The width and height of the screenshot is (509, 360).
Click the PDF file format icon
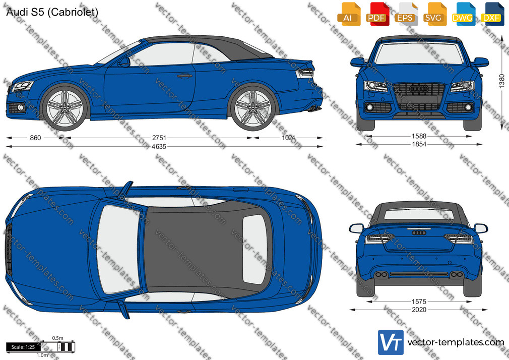(x=377, y=14)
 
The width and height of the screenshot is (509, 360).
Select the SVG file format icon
(x=434, y=14)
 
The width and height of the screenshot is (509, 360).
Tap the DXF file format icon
(x=492, y=14)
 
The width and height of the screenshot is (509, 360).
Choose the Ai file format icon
(x=349, y=14)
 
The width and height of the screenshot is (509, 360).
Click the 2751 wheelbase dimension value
(x=159, y=138)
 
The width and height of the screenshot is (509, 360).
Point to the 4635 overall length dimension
(x=159, y=147)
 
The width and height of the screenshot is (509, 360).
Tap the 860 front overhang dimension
(x=35, y=138)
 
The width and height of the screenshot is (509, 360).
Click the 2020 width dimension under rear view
(x=419, y=310)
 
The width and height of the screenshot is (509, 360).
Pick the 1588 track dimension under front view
(x=419, y=136)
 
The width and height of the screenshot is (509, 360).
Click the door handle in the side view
(x=185, y=76)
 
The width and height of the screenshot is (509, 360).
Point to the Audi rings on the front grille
(x=419, y=89)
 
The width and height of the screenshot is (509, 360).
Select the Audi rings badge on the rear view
(x=419, y=232)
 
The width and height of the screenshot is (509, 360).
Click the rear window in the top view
(x=255, y=249)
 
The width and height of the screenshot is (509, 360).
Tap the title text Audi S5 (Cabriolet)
(x=52, y=12)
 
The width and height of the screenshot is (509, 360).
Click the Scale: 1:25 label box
(x=23, y=347)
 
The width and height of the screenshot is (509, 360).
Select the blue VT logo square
(x=391, y=342)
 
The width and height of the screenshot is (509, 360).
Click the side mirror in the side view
(x=124, y=62)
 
